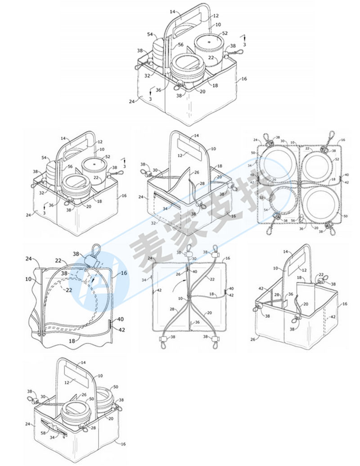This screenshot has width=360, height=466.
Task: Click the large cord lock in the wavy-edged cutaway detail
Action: pos(93,260)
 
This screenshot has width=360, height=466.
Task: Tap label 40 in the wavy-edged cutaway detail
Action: pos(121,319)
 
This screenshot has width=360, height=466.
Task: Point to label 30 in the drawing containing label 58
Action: pos(44,397)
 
